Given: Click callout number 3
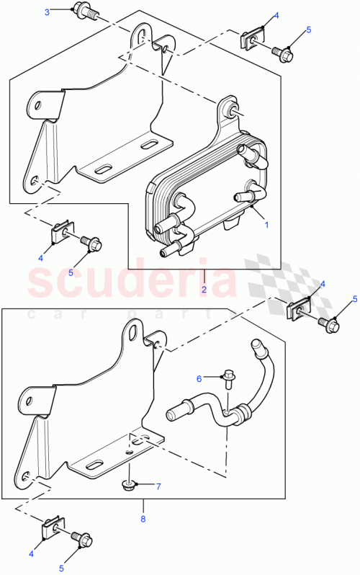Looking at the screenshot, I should pos(47,12).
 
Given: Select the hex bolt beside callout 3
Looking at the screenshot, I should pos(81,12).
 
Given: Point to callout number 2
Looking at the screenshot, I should pos(204,290).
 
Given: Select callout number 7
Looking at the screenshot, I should pos(158,486).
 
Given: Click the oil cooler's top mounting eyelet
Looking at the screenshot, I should pos(233,109).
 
